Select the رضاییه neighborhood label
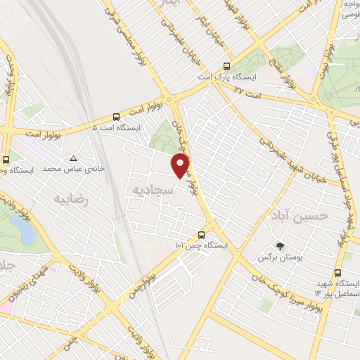coord(72,199)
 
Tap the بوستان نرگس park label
coord(281,259)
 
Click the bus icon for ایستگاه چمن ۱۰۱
coord(202,236)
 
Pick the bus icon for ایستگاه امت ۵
coord(116,117)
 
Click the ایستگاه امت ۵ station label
coord(116,128)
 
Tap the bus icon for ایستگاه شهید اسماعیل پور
coord(339,274)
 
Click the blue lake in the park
coord(21,228)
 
